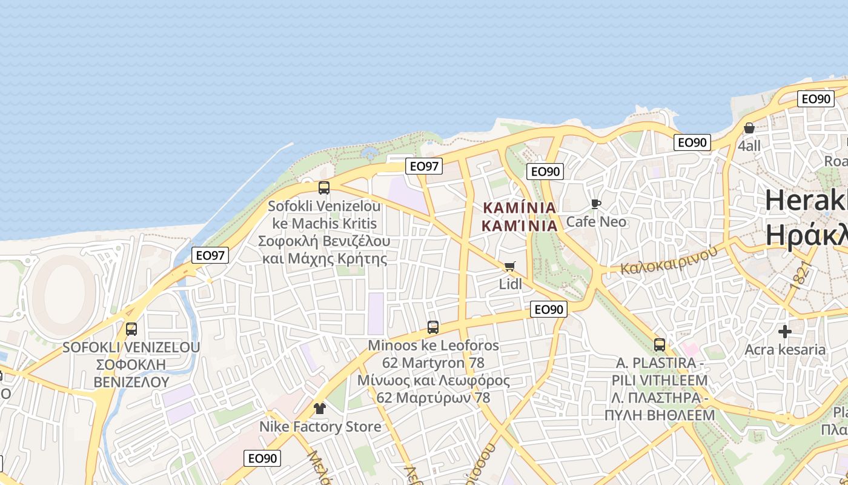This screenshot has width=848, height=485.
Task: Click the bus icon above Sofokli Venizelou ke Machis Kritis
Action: pyautogui.click(x=324, y=188)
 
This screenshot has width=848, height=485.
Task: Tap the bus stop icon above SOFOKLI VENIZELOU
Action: pyautogui.click(x=131, y=329)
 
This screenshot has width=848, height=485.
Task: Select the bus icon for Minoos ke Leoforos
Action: pyautogui.click(x=433, y=327)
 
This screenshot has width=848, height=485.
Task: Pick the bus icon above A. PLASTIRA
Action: pyautogui.click(x=660, y=345)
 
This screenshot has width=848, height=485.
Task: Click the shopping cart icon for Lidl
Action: pyautogui.click(x=510, y=267)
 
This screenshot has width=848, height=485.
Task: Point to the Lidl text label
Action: pyautogui.click(x=510, y=283)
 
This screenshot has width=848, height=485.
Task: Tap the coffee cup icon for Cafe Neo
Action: pyautogui.click(x=596, y=204)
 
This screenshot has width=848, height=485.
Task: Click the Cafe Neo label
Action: pyautogui.click(x=596, y=221)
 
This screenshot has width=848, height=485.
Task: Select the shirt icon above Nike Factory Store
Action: pyautogui.click(x=320, y=409)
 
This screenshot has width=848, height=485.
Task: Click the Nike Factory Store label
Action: pyautogui.click(x=320, y=426)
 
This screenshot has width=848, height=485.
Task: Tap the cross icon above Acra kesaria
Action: pyautogui.click(x=785, y=332)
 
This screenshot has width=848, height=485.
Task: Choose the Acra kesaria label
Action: pyautogui.click(x=785, y=349)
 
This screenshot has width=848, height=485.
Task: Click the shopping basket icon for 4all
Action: pyautogui.click(x=749, y=128)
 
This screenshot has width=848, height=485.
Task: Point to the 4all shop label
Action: pyautogui.click(x=749, y=145)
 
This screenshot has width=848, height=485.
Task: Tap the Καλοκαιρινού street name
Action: pyautogui.click(x=668, y=260)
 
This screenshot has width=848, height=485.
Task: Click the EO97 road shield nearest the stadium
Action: pyautogui.click(x=211, y=255)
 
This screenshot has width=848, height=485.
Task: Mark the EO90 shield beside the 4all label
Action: pyautogui.click(x=692, y=142)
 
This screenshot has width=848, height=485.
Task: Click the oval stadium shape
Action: pyautogui.click(x=63, y=289)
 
